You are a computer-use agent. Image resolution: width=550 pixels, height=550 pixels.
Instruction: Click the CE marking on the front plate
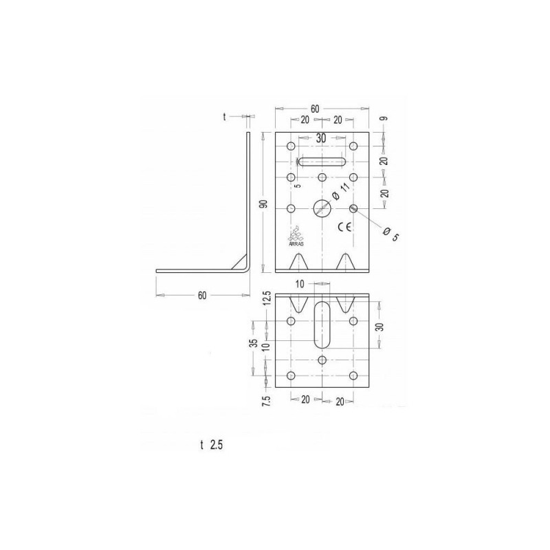point(344,228)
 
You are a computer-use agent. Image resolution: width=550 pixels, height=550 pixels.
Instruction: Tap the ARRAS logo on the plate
point(296,236)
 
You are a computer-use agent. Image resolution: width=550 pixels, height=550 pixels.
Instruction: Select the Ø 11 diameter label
point(340,192)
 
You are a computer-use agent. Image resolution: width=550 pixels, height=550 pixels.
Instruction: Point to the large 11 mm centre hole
point(322,209)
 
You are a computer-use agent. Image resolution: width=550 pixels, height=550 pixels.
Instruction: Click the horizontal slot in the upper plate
point(322,162)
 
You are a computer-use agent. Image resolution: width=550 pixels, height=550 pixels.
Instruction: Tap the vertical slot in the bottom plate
point(322,324)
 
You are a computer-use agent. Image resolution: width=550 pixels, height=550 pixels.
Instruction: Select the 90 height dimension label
point(265,203)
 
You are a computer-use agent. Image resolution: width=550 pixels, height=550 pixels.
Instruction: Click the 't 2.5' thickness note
point(211,445)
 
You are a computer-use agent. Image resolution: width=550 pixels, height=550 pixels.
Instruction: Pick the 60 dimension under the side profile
point(202,296)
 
